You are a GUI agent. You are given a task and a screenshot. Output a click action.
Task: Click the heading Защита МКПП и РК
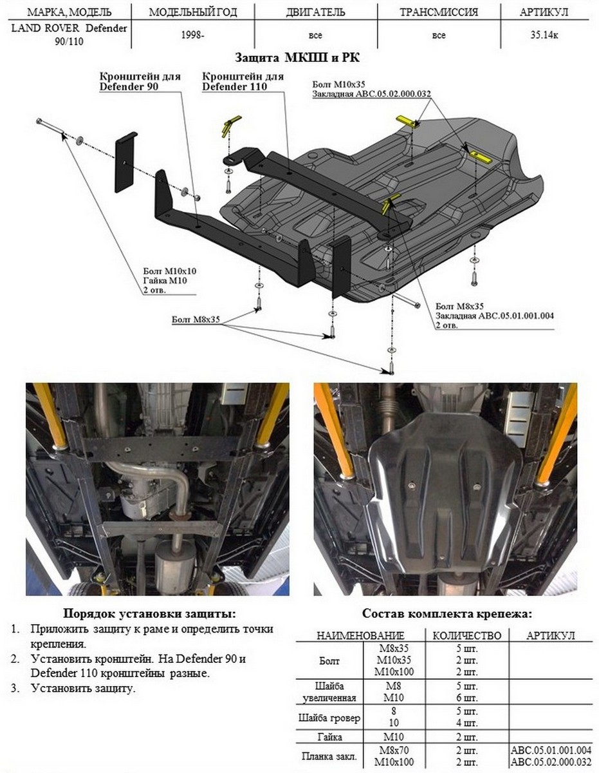(x=299, y=57)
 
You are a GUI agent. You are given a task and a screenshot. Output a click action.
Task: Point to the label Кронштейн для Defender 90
(x=140, y=81)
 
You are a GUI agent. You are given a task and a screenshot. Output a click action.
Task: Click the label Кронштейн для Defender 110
(x=243, y=81)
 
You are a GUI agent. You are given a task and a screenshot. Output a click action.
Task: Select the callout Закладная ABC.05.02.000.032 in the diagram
(x=371, y=94)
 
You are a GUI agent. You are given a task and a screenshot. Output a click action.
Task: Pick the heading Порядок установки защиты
(x=149, y=613)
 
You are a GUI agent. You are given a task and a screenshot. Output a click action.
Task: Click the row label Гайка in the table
(x=330, y=736)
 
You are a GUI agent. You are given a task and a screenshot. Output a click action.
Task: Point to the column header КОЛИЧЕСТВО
(x=466, y=635)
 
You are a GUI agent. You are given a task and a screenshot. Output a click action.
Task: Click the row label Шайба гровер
(x=330, y=717)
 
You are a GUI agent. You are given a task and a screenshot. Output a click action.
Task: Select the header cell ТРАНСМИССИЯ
(x=439, y=12)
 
